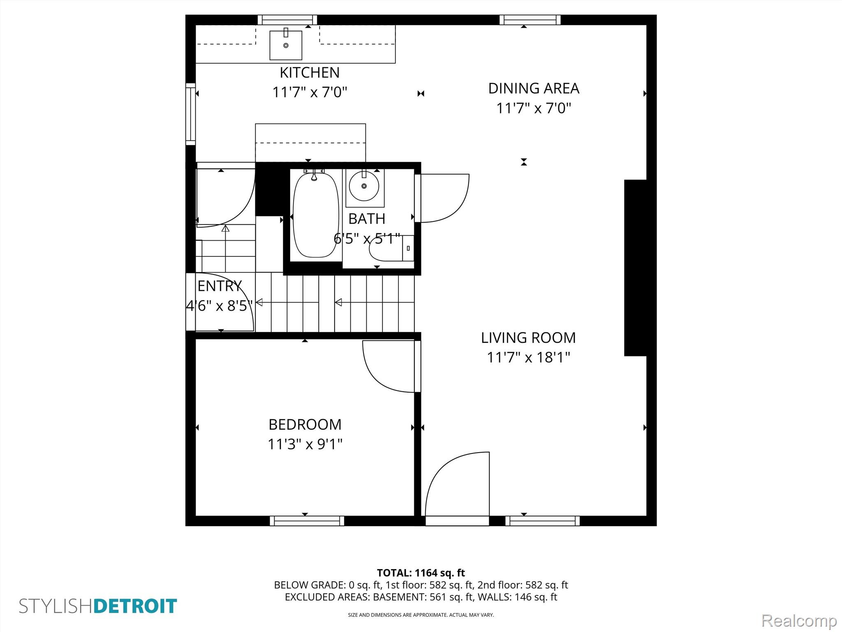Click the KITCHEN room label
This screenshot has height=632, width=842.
310,73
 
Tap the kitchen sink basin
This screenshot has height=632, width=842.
286,45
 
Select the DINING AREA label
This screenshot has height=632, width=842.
534,88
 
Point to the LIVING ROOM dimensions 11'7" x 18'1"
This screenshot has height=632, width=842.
528,357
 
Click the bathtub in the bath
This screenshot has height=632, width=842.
316,215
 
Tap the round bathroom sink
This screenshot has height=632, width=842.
364,186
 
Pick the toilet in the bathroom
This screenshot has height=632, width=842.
391,248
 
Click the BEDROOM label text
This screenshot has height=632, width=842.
305,424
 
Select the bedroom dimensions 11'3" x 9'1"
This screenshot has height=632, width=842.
305,444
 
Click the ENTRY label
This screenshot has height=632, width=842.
220,286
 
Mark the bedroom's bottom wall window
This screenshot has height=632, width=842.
307,520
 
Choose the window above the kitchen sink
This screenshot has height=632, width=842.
287,20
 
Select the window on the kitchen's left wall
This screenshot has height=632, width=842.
190,114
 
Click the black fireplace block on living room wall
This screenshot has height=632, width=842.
635,268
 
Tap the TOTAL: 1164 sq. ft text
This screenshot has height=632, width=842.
421,573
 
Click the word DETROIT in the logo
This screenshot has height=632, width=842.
136,606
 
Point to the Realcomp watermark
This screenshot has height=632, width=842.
799,620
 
